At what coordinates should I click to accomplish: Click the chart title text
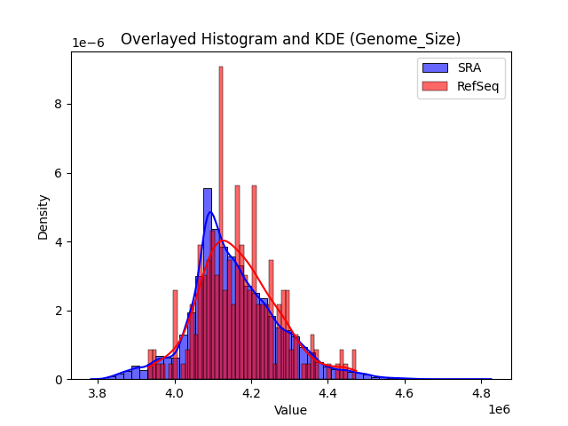pos(290,39)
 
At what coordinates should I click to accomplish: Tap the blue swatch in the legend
pos(434,67)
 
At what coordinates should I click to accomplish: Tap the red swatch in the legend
pos(434,84)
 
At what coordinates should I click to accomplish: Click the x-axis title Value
pos(290,410)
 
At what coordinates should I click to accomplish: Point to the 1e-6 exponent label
pos(89,43)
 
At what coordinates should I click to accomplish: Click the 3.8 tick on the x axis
pos(98,390)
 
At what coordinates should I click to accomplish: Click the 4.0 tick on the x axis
pos(175,390)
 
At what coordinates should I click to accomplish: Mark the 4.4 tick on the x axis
pos(328,390)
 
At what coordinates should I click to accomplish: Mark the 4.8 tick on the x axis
pos(482,390)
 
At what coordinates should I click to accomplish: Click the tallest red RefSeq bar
pos(221,222)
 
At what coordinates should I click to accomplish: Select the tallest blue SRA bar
pos(208,284)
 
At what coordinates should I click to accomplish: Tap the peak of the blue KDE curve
pos(209,212)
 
